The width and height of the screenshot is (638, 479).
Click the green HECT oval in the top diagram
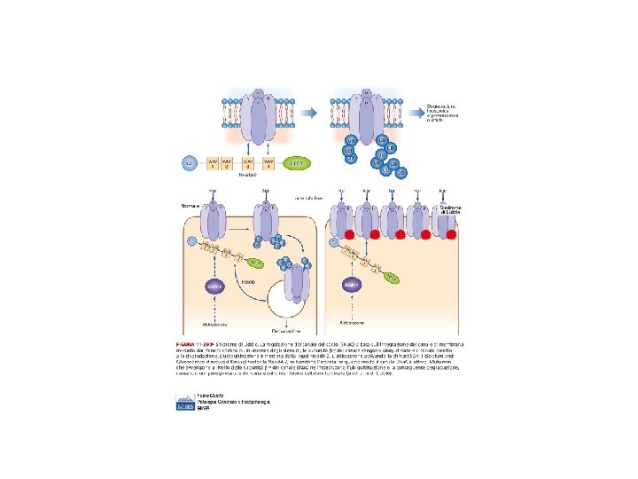tap(297, 163)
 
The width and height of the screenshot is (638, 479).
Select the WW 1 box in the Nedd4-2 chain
tap(213, 163)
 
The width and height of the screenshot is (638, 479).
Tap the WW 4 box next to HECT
tap(266, 163)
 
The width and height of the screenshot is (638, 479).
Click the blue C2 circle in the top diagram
tap(188, 163)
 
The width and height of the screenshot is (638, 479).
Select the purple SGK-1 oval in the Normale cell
tap(212, 288)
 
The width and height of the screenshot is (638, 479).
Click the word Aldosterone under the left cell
tap(211, 327)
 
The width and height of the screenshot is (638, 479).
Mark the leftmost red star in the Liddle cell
tap(339, 235)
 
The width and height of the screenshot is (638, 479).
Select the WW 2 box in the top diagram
tap(227, 163)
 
